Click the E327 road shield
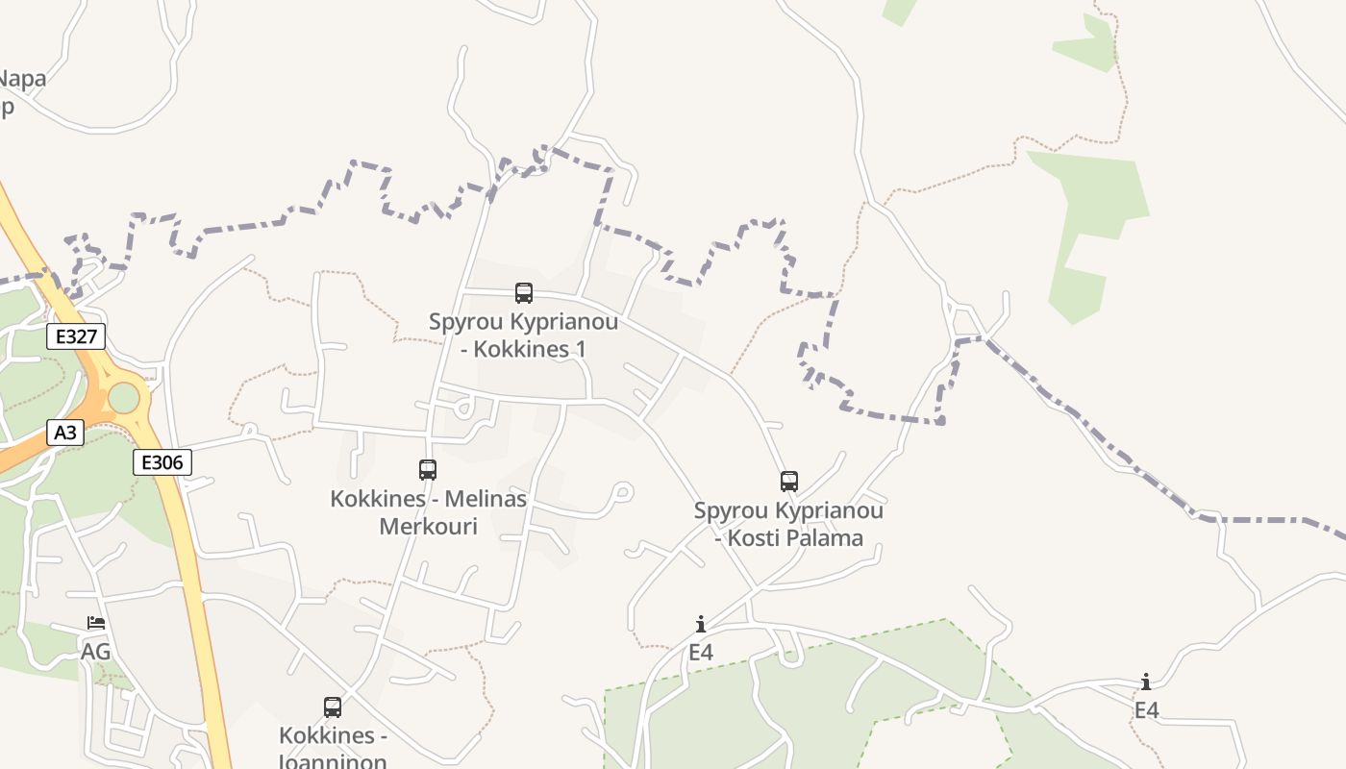76,336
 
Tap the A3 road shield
65,433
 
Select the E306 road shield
162,462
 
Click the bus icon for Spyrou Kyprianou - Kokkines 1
524,293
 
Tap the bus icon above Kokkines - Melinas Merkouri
428,470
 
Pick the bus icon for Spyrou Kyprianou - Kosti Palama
789,482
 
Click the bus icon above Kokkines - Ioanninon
333,707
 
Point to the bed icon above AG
96,623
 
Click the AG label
95,652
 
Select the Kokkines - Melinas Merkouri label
428,512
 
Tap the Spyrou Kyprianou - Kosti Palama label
788,524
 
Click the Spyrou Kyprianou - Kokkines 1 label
523,335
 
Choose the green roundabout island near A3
124,397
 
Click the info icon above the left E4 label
701,624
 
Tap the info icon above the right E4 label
1146,682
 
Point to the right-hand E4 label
1146,710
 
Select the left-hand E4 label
701,652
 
